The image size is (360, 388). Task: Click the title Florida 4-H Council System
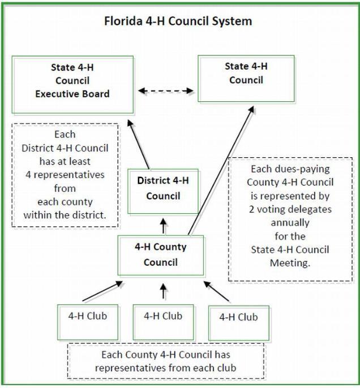click(x=178, y=21)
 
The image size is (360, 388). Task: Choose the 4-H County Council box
click(x=160, y=255)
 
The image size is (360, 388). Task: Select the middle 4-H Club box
click(x=163, y=321)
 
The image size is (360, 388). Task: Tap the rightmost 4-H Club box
click(x=238, y=322)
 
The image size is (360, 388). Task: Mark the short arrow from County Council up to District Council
click(x=164, y=227)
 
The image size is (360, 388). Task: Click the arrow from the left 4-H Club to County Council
click(x=100, y=292)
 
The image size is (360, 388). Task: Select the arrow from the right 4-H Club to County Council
click(x=217, y=291)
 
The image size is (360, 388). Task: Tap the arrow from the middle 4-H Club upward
click(x=164, y=291)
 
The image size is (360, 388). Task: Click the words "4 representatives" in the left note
click(x=65, y=175)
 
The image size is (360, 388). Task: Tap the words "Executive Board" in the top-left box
click(x=72, y=94)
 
